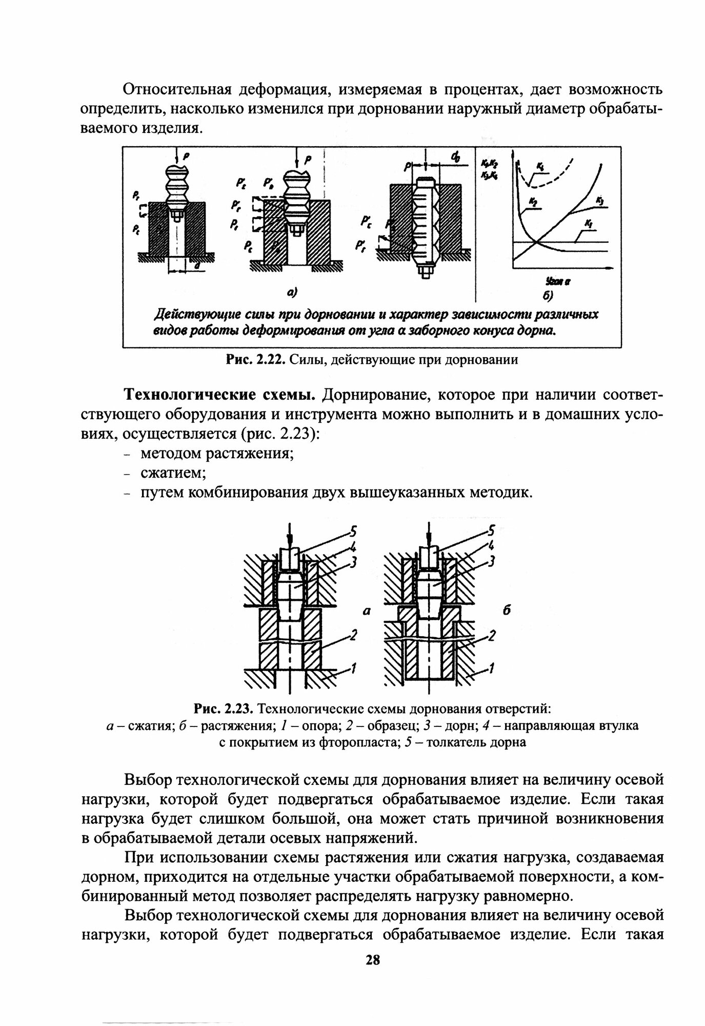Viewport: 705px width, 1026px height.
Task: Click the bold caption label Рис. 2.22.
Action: [255, 360]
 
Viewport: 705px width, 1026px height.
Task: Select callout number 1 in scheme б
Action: [491, 668]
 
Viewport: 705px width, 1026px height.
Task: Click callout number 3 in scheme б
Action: [491, 562]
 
